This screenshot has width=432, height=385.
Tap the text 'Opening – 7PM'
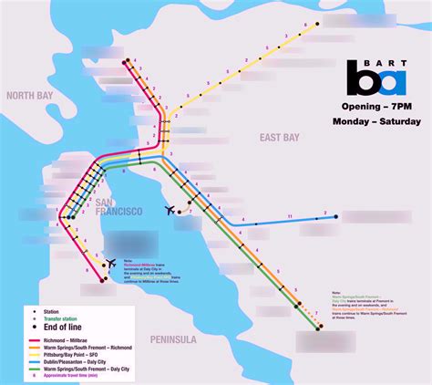[375, 106]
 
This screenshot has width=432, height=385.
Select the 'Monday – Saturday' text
[376, 120]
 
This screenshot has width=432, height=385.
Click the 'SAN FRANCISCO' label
[118, 207]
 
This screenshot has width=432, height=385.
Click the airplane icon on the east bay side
[170, 210]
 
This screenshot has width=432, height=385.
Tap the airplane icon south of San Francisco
[112, 265]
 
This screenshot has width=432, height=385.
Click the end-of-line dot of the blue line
[337, 216]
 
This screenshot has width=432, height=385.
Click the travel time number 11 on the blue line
[289, 216]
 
